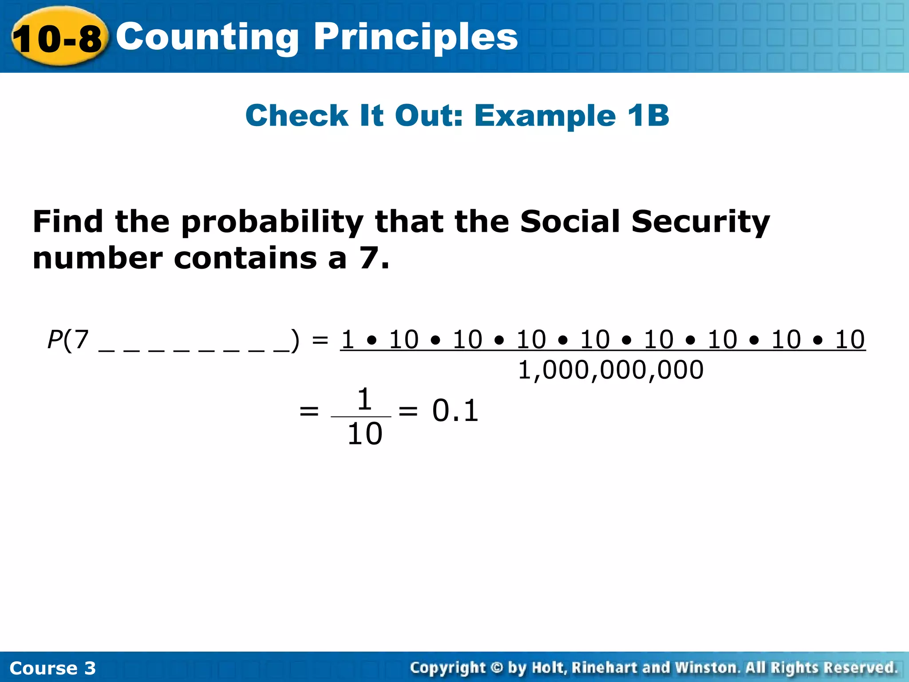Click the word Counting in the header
(207, 38)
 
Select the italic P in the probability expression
(55, 340)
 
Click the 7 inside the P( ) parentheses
(81, 340)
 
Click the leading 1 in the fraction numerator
(348, 340)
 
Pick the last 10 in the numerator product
(850, 340)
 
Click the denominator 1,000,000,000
(611, 370)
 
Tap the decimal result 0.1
(455, 411)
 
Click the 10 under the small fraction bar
(364, 434)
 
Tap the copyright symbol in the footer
(497, 668)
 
